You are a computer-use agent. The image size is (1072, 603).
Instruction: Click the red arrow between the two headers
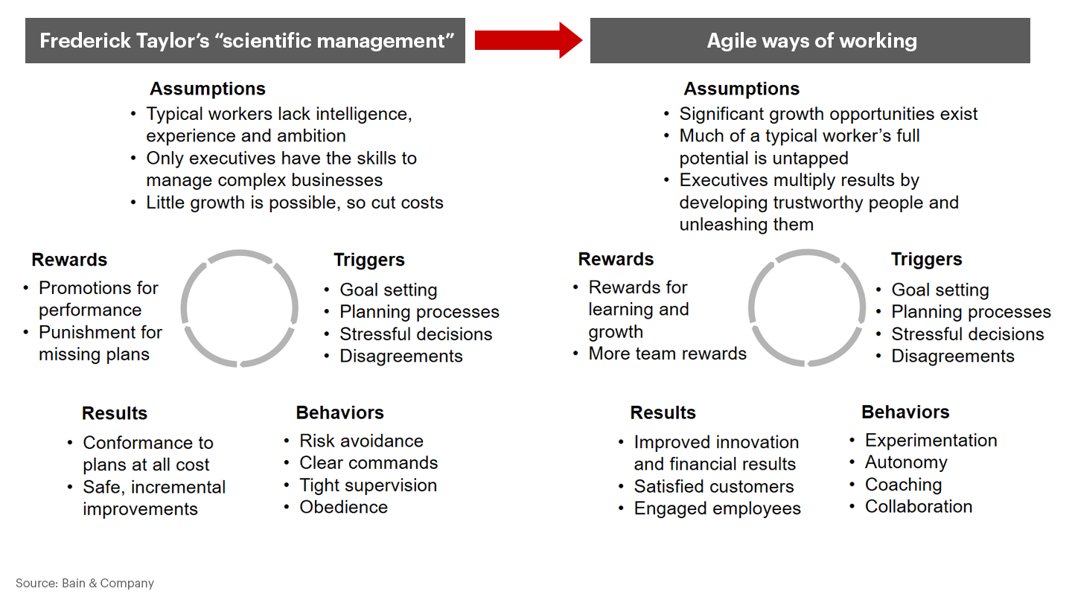[529, 40]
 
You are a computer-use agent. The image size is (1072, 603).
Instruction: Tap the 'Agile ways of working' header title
[812, 41]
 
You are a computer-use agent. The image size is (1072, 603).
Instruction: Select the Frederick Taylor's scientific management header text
[247, 41]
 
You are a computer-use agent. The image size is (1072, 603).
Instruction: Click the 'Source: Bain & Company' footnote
[85, 583]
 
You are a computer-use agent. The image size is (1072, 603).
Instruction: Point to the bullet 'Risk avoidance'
[361, 441]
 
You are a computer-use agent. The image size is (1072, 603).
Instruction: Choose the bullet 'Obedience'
[344, 507]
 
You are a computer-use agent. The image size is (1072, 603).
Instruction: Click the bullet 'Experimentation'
[931, 440]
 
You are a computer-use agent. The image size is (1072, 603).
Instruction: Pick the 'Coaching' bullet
[903, 485]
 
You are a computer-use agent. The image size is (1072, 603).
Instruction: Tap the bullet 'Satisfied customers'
[713, 486]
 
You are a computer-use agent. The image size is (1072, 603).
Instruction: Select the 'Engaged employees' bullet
[717, 508]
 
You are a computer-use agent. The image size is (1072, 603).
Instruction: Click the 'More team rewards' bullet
[667, 353]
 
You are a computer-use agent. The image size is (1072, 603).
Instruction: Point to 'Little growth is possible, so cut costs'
[294, 202]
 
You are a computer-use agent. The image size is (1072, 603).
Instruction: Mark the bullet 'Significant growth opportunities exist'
[828, 114]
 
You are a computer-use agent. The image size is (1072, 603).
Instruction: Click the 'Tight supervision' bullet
[368, 485]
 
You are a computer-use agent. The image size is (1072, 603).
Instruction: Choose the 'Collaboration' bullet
[919, 506]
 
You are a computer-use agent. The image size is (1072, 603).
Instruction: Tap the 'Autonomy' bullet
[906, 463]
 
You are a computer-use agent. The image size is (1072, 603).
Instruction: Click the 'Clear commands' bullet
[368, 463]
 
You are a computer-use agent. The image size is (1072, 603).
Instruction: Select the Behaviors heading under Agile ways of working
[905, 412]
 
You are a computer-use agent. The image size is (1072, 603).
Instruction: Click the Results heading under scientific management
[115, 413]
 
